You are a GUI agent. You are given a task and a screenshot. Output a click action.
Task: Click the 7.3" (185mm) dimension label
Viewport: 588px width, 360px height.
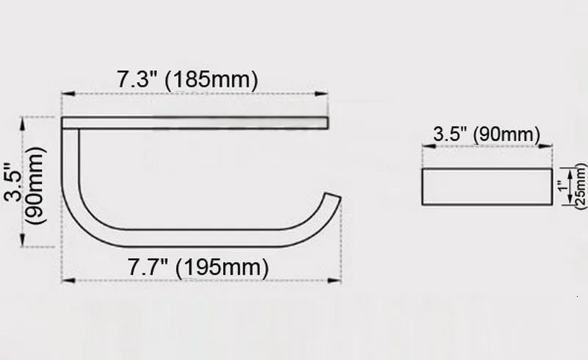coord(187,79)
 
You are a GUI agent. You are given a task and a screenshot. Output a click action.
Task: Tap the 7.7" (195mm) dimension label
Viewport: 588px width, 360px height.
coord(198,267)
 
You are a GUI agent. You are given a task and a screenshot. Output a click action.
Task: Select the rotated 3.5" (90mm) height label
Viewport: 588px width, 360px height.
coord(25,185)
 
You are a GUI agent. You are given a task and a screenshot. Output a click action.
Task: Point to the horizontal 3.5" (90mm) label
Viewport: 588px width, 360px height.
coord(487,134)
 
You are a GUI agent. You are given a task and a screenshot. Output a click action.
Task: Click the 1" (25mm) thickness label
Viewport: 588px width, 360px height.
coord(572,186)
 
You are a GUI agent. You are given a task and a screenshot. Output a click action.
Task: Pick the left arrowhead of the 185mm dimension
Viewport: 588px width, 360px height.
coord(68,94)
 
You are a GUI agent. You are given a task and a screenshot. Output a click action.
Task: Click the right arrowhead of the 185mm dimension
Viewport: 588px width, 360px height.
coord(321,94)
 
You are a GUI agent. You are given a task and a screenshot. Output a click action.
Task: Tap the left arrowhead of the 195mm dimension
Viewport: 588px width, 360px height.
coord(68,281)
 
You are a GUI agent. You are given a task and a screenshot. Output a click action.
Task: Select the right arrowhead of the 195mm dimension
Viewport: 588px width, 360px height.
coord(334,281)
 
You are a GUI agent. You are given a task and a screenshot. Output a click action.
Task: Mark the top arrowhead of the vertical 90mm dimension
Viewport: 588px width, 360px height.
coord(24,124)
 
